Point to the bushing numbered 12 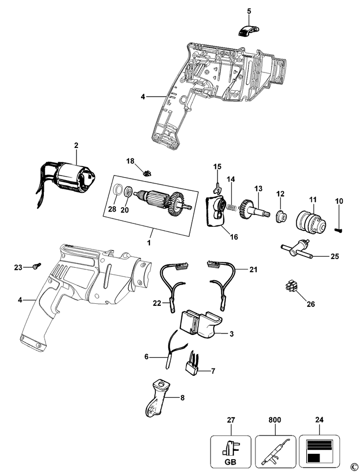281,216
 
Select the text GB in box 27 230,462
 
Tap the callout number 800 275,420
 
